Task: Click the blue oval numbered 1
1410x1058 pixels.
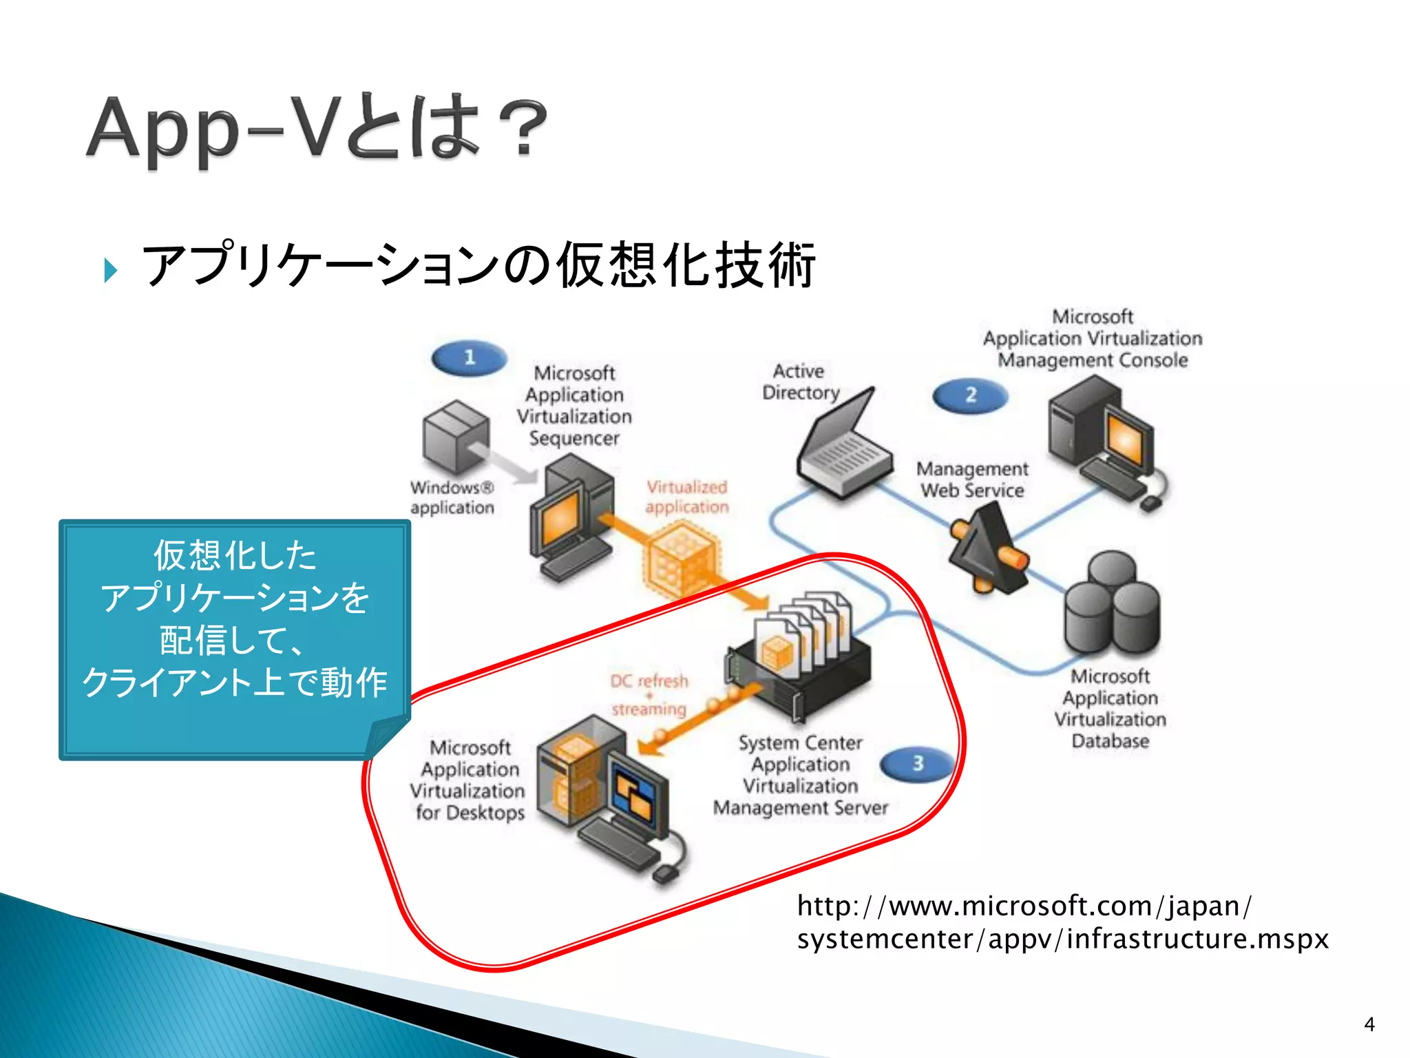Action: [x=470, y=358]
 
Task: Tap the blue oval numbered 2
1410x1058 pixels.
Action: [x=970, y=395]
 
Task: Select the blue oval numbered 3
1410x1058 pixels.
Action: [x=918, y=763]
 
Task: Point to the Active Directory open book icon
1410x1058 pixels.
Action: [x=844, y=446]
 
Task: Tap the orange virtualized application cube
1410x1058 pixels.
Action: [x=680, y=558]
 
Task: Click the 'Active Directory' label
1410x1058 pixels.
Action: [x=800, y=382]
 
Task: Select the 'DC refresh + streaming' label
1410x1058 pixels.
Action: [x=649, y=694]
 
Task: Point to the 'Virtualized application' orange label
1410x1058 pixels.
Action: [x=686, y=497]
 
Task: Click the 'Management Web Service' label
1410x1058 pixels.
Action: [x=972, y=479]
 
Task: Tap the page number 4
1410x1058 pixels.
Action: [x=1369, y=1024]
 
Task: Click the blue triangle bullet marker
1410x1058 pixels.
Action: [x=111, y=270]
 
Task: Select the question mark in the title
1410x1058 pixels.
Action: [x=523, y=129]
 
